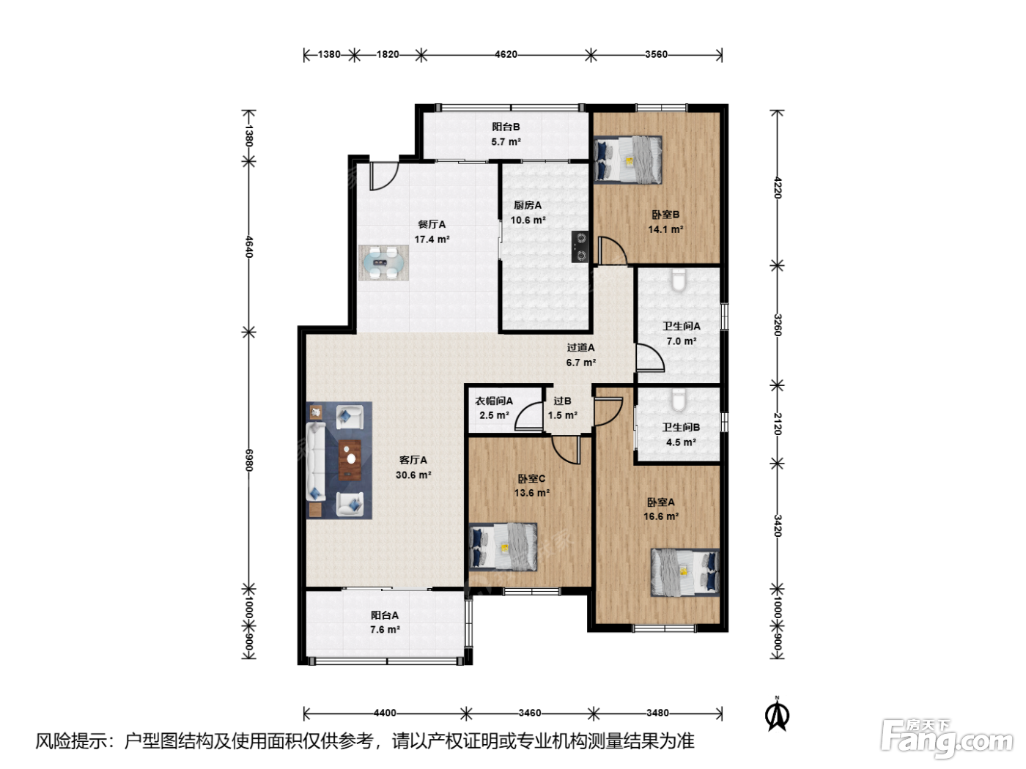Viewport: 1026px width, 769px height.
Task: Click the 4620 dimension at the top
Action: tap(506, 55)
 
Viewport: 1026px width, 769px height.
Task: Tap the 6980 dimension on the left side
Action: tap(249, 461)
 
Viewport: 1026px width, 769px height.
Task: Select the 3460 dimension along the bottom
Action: tap(530, 713)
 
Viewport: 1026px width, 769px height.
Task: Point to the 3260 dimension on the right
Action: tap(778, 325)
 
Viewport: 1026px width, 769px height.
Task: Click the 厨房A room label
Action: tap(528, 205)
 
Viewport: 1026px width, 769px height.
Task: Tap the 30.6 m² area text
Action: tap(413, 475)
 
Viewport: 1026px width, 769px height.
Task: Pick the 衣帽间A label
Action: tap(494, 401)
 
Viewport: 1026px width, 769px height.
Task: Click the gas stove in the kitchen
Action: tap(580, 247)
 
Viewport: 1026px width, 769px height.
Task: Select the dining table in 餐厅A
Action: tap(383, 263)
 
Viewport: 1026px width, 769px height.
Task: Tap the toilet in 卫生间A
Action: tap(678, 281)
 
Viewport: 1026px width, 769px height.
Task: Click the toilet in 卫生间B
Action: tap(678, 400)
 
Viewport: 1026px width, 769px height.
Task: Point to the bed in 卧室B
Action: tap(628, 160)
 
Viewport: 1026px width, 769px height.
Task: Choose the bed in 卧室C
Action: tap(503, 547)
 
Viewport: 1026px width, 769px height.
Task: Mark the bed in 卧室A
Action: tap(684, 573)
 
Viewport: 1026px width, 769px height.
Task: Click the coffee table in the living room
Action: tap(350, 460)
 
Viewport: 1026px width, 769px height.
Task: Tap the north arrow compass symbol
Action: tap(778, 714)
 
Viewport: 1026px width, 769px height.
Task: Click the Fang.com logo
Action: tap(947, 738)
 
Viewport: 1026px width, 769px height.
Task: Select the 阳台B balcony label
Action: tap(506, 127)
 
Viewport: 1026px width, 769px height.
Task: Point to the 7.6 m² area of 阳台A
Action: tap(385, 629)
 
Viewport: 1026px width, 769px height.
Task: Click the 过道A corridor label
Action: tap(580, 347)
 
